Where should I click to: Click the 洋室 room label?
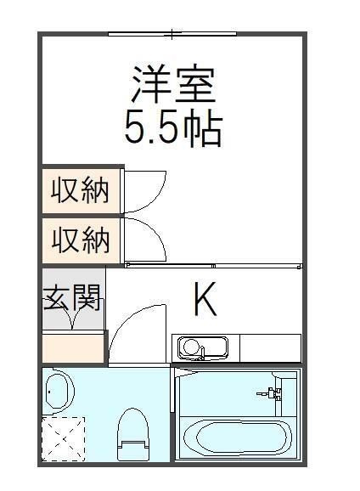coord(174,83)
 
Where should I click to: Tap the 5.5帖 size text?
coord(173,128)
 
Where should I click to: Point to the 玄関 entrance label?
coord(72,298)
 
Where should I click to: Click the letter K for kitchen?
coord(205,298)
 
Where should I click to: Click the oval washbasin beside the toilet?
coord(59,391)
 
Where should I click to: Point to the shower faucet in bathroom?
coord(273,393)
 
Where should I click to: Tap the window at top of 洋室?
coord(172,34)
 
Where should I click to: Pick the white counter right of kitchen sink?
coord(270,348)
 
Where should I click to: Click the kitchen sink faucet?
coord(188,347)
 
